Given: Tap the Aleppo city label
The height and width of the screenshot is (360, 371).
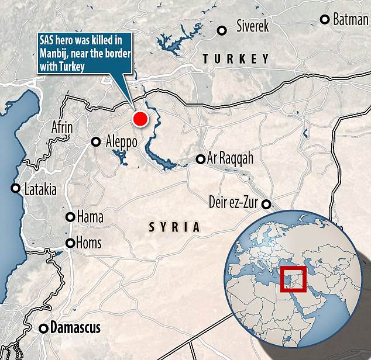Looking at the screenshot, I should pyautogui.click(x=121, y=141).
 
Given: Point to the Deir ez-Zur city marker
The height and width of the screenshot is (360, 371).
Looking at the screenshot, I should pyautogui.click(x=266, y=204).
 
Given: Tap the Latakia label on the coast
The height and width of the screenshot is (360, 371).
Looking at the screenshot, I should pyautogui.click(x=40, y=189).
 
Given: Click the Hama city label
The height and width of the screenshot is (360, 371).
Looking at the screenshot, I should pyautogui.click(x=90, y=217).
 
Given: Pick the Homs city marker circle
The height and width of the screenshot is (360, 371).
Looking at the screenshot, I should pyautogui.click(x=70, y=243).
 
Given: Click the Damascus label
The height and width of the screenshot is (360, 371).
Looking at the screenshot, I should pyautogui.click(x=75, y=327).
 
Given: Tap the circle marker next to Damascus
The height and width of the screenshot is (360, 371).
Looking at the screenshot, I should pyautogui.click(x=43, y=328).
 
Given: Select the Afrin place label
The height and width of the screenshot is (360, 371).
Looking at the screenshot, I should pyautogui.click(x=63, y=127).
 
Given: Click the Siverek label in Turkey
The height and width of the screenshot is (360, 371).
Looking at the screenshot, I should pyautogui.click(x=252, y=26).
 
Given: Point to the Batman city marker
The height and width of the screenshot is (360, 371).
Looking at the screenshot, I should pyautogui.click(x=325, y=19).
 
